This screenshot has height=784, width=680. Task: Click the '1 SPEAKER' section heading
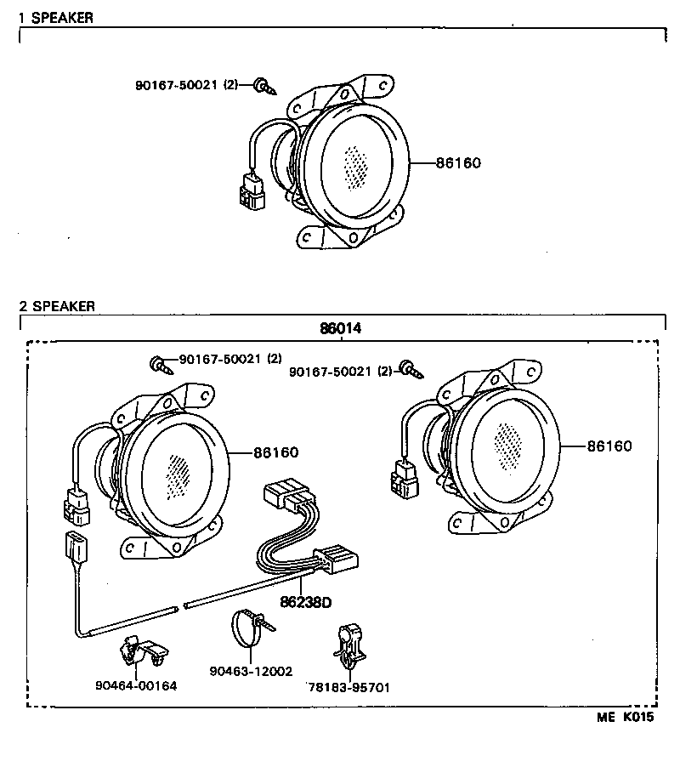pyautogui.click(x=56, y=17)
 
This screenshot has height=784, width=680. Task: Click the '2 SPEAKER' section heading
pyautogui.click(x=57, y=306)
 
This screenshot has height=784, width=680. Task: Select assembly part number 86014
pyautogui.click(x=340, y=328)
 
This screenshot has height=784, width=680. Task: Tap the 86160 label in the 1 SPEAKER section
pyautogui.click(x=458, y=162)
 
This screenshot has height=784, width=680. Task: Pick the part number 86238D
pyautogui.click(x=305, y=602)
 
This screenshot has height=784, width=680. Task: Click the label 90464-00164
pyautogui.click(x=136, y=685)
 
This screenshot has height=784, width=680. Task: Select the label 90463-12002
pyautogui.click(x=251, y=671)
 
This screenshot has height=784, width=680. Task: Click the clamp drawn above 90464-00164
pyautogui.click(x=140, y=652)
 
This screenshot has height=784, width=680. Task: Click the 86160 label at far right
pyautogui.click(x=609, y=446)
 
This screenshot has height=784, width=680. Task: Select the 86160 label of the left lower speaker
pyautogui.click(x=275, y=453)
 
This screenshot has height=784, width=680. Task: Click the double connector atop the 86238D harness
pyautogui.click(x=286, y=495)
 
